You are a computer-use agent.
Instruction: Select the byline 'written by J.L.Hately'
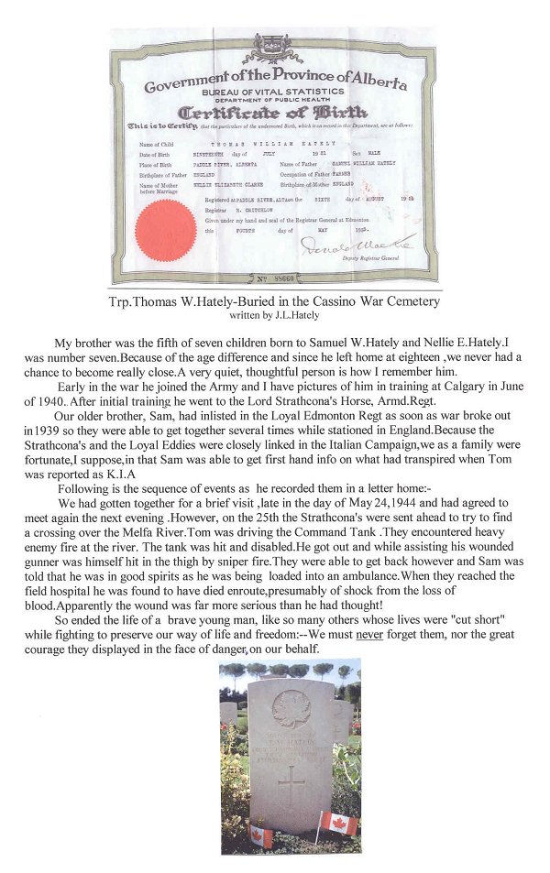tap(275, 313)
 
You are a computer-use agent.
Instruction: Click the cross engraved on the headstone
tap(291, 786)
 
